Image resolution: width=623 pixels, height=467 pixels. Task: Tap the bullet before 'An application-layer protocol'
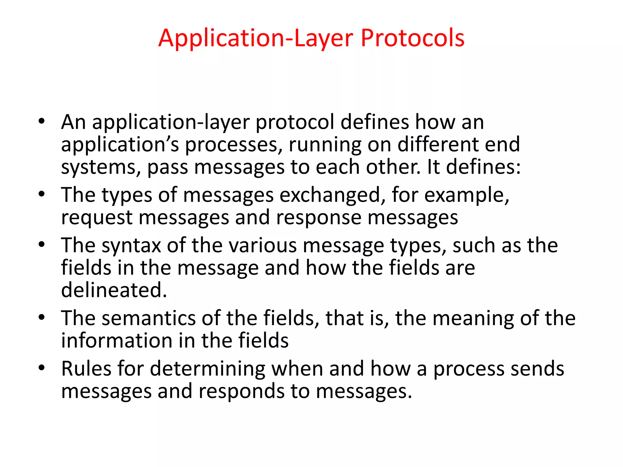pyautogui.click(x=42, y=122)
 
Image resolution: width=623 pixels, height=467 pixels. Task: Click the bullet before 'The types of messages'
pyautogui.click(x=42, y=194)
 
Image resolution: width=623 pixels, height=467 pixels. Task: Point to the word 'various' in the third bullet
pyautogui.click(x=263, y=245)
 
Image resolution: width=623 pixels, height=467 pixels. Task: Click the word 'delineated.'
pyautogui.click(x=114, y=290)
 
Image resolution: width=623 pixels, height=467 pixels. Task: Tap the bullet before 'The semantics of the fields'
pyautogui.click(x=42, y=317)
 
